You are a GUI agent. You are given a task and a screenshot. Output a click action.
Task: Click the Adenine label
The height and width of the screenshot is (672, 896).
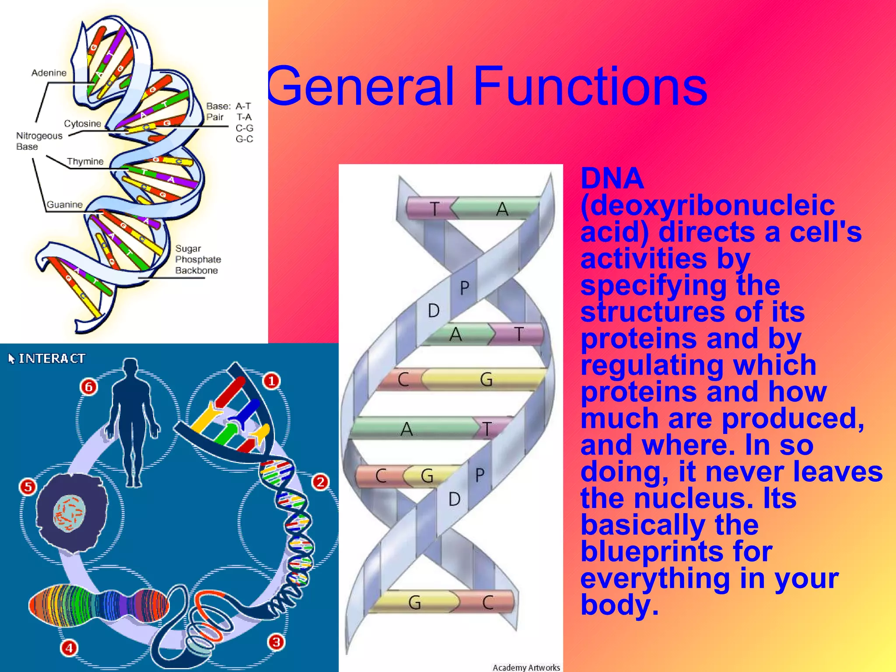(49, 73)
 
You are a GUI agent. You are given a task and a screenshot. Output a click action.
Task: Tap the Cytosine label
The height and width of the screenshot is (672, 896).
(82, 123)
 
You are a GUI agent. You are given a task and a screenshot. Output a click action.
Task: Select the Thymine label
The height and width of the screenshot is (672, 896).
(85, 161)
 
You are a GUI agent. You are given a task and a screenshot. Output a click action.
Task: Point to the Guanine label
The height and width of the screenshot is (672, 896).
(64, 204)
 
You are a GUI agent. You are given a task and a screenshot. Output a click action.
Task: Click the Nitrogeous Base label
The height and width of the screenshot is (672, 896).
(38, 141)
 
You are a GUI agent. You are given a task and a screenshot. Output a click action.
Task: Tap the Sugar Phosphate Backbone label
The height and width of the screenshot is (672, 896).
(198, 259)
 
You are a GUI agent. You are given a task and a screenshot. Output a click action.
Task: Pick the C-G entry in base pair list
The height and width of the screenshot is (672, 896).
(244, 128)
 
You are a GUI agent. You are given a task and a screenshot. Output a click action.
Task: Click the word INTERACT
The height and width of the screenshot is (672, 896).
(52, 359)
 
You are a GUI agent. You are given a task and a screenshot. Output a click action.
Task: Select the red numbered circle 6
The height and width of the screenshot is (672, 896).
(89, 387)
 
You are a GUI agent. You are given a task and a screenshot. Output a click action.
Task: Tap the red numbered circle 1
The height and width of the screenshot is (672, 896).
(271, 381)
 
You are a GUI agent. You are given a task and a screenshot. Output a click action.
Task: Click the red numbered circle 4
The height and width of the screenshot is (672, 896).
(69, 648)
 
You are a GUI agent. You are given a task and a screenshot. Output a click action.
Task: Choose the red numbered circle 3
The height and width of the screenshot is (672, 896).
(276, 642)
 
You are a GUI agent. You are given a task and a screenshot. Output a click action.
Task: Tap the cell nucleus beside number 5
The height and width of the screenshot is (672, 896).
(69, 514)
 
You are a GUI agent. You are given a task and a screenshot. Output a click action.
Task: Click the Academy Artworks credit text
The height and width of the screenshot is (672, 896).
(526, 667)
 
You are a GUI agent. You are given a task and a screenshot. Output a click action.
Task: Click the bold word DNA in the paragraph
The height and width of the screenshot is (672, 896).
(612, 178)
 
